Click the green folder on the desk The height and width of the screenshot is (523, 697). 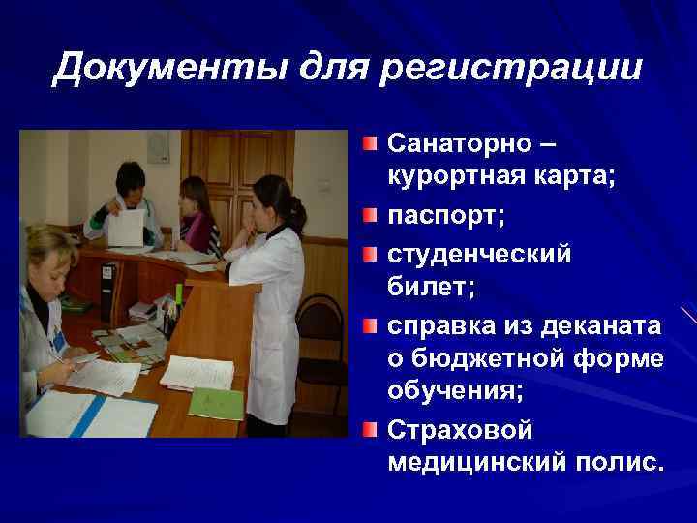coord(216,401)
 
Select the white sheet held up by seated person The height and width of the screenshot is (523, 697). coord(126,228)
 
